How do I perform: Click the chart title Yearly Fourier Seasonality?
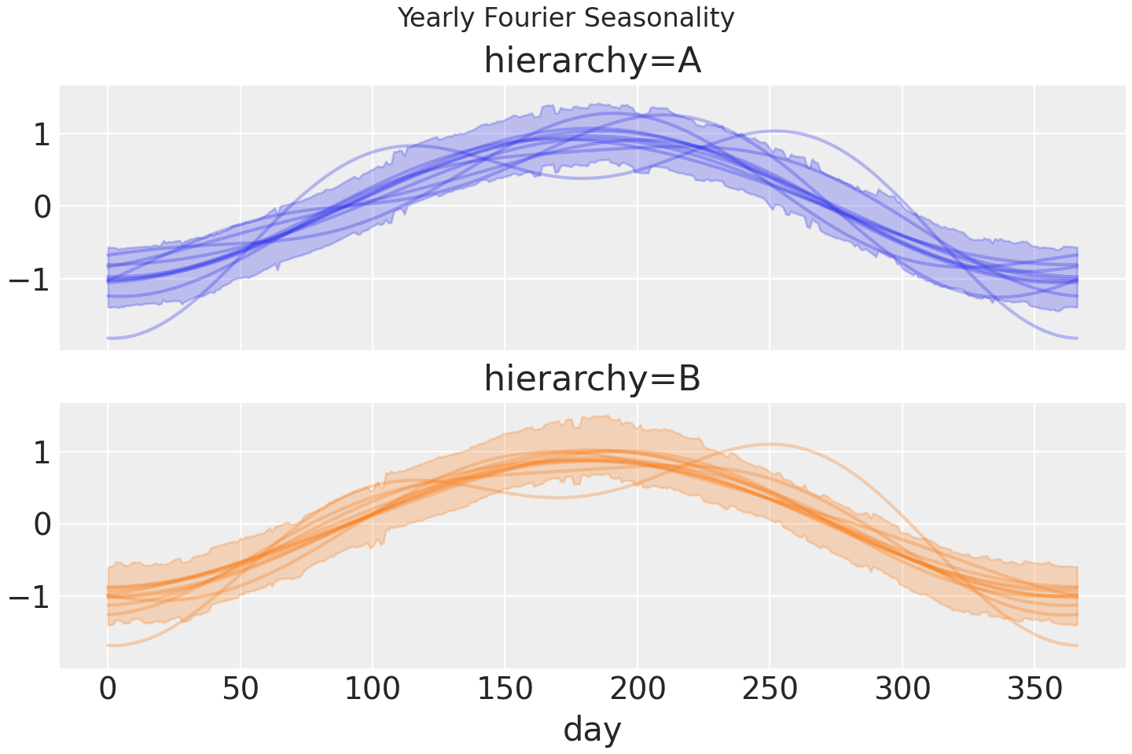point(566,17)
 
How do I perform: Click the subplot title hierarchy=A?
point(592,61)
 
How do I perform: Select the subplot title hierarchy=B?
point(592,379)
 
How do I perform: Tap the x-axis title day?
point(592,729)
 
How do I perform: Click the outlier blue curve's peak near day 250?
point(774,131)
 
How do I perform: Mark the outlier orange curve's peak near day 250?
point(770,445)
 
